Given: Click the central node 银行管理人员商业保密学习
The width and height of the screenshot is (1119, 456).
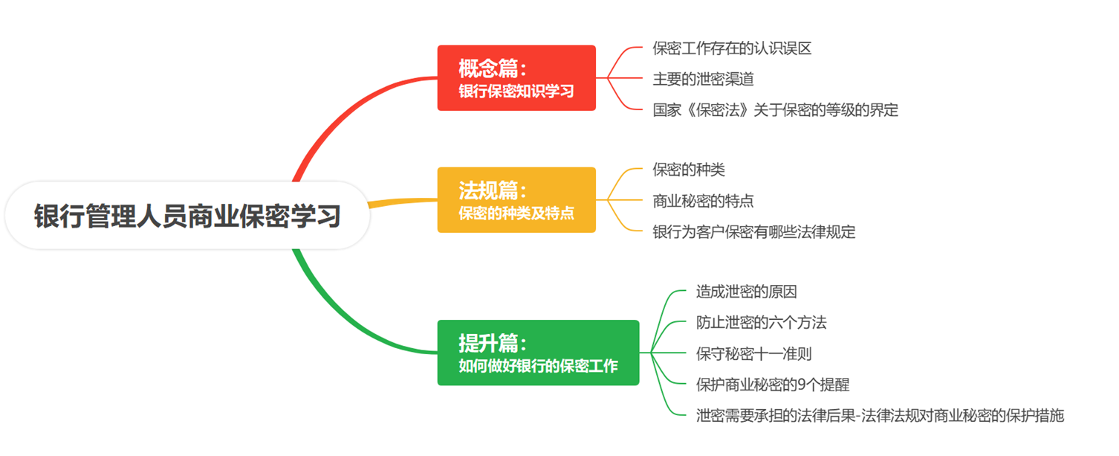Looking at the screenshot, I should coord(187,216).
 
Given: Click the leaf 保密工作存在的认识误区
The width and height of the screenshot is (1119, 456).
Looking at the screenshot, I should coord(732,49).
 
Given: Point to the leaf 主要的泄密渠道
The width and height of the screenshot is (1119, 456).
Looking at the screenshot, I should coord(703,79).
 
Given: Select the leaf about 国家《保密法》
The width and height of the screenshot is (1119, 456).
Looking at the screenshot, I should coord(775,110).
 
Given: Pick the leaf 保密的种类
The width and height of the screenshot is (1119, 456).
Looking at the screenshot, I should coord(689,170).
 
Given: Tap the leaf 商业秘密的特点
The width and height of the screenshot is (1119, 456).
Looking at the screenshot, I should coord(703,201).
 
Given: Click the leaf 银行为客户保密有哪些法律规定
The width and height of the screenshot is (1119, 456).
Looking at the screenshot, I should coord(753,232).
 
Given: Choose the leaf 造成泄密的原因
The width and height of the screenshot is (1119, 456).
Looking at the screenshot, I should coord(746,292).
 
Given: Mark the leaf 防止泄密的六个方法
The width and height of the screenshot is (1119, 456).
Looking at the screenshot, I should coord(761,323).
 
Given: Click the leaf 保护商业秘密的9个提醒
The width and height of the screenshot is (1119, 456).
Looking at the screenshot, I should coord(772,385).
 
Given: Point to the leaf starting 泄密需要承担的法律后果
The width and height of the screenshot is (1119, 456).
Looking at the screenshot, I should coord(880,415).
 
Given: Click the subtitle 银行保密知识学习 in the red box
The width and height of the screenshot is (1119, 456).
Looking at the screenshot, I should coord(516,91).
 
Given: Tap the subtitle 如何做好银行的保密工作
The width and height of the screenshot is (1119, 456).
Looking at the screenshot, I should coord(538,366).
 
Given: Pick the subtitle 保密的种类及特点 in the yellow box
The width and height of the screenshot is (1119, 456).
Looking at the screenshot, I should coord(516,213).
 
